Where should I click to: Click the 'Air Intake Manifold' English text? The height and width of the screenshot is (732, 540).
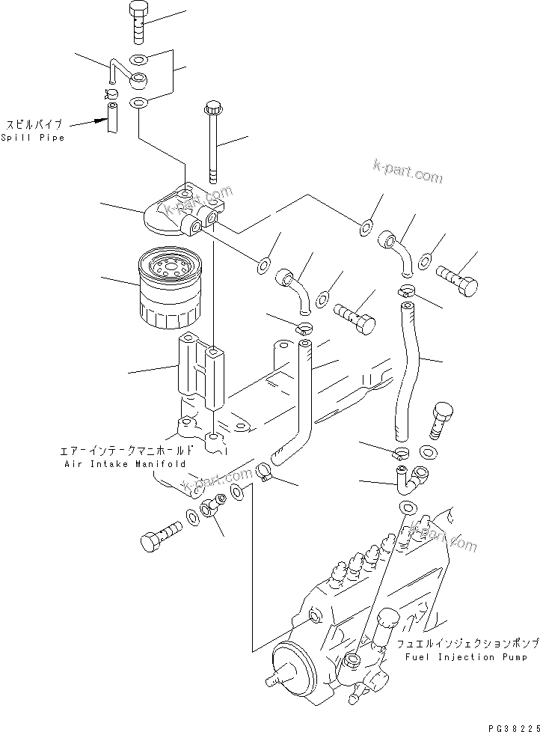pos(122,464)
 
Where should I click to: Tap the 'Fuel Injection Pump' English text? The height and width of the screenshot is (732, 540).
pos(455,657)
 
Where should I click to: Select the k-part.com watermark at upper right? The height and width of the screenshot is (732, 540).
pos(407,171)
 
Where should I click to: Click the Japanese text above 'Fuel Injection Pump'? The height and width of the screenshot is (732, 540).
pos(458,644)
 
